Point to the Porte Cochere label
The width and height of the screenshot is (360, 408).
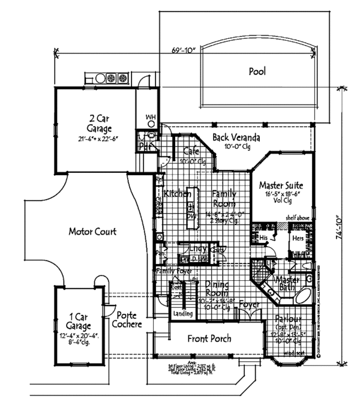point(129,320)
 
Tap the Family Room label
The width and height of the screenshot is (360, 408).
point(223,199)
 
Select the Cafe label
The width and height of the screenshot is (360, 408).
point(191,152)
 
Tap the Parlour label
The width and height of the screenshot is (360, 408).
point(288,320)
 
